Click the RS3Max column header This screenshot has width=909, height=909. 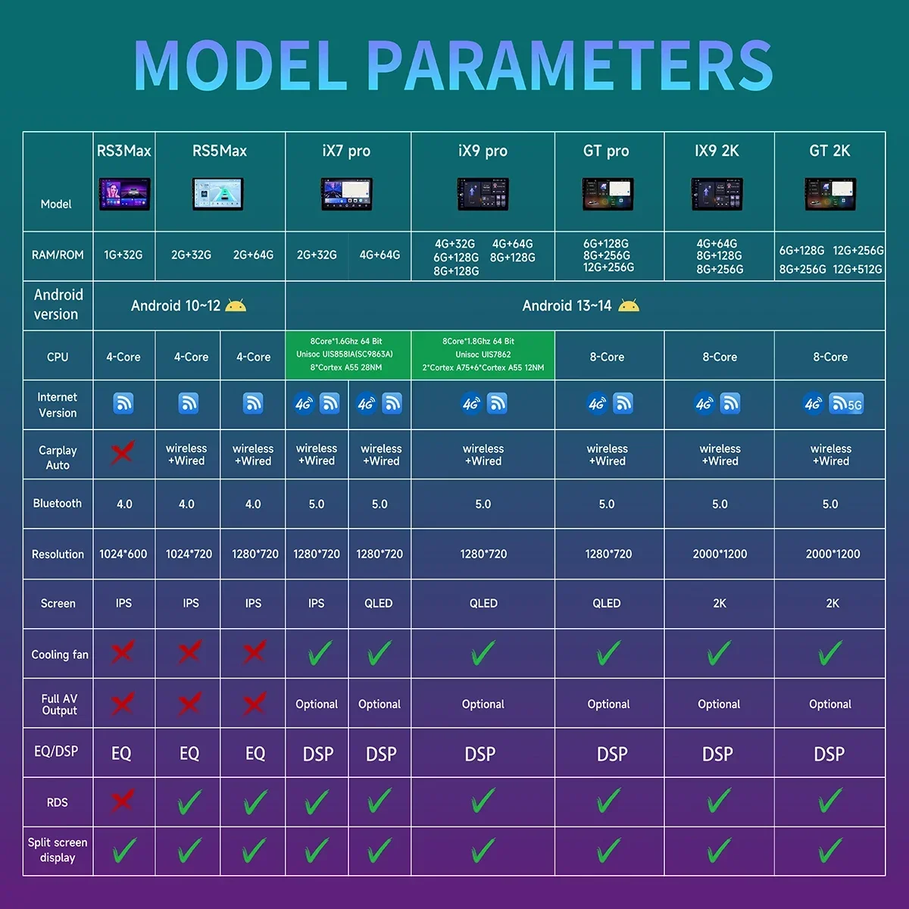pyautogui.click(x=123, y=151)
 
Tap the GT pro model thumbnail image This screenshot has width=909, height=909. pyautogui.click(x=608, y=194)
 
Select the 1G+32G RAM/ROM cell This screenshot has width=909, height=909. pyautogui.click(x=123, y=255)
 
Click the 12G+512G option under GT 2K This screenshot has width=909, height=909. pyautogui.click(x=857, y=270)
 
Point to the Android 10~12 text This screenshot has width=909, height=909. pyautogui.click(x=176, y=306)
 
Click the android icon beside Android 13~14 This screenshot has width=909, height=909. pyautogui.click(x=629, y=306)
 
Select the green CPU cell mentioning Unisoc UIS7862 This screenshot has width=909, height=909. pyautogui.click(x=483, y=355)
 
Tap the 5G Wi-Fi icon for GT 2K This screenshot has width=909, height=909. pyautogui.click(x=846, y=404)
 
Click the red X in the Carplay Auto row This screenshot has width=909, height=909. pyautogui.click(x=123, y=453)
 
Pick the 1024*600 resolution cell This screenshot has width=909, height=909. pyautogui.click(x=123, y=554)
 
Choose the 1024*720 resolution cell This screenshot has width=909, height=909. pyautogui.click(x=189, y=554)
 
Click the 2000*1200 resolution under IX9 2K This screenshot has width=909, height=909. pyautogui.click(x=720, y=554)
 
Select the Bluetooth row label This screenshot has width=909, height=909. pyautogui.click(x=57, y=503)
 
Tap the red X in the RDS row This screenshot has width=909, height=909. pyautogui.click(x=123, y=801)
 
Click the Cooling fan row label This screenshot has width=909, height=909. pyautogui.click(x=59, y=654)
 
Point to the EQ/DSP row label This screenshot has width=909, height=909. pyautogui.click(x=56, y=751)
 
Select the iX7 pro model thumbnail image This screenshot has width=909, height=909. pyautogui.click(x=347, y=194)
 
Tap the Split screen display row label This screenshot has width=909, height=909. pyautogui.click(x=58, y=850)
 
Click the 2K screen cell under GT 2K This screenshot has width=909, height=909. pyautogui.click(x=832, y=603)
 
